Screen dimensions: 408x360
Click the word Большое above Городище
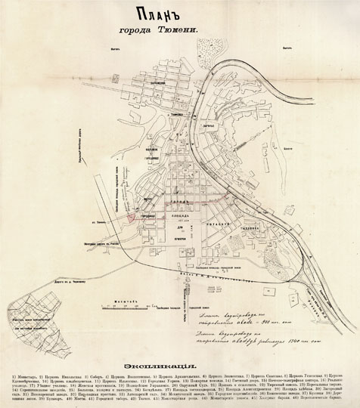pyautogui.click(x=150, y=198)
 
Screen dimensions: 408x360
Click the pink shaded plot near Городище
pyautogui.click(x=133, y=218)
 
